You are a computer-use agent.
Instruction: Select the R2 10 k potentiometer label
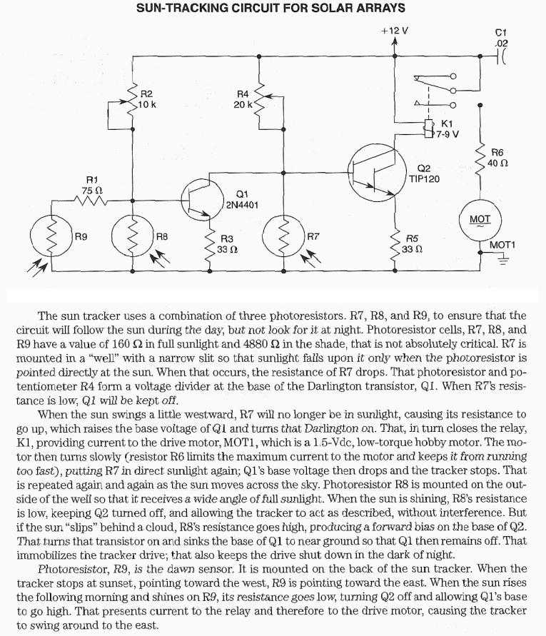pos(147,99)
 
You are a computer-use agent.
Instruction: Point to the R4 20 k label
pos(243,99)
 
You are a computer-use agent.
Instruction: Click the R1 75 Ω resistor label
pos(92,186)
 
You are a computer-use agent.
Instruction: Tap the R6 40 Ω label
pos(497,158)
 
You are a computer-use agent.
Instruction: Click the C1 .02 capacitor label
pos(501,38)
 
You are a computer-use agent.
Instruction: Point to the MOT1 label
pos(502,245)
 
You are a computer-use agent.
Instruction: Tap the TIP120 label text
pos(424,178)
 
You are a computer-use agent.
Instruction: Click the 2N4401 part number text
pos(242,205)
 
